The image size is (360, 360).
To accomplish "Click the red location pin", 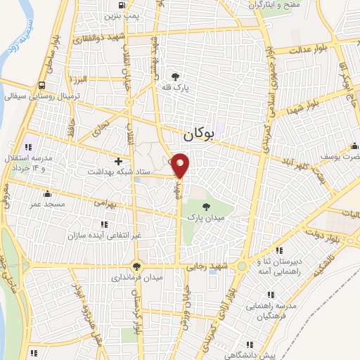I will click(x=181, y=166).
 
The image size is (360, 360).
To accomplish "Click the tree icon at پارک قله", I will click(x=175, y=76).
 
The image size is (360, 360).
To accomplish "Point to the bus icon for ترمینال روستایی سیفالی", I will click(x=43, y=86).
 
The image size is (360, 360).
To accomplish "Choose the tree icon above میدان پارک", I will click(x=206, y=206).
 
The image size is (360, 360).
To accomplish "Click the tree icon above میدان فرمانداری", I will click(x=138, y=265).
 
